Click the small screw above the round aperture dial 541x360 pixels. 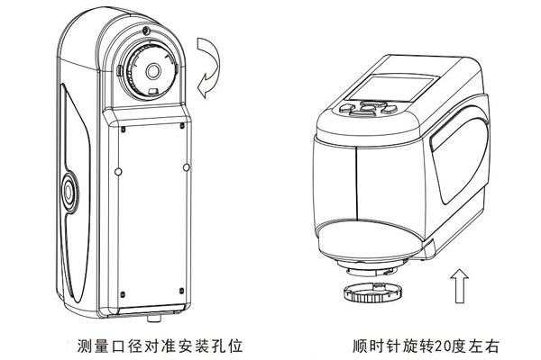coord(144,33)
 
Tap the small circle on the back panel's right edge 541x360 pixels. coord(186,166)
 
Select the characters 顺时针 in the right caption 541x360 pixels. coord(378,344)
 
